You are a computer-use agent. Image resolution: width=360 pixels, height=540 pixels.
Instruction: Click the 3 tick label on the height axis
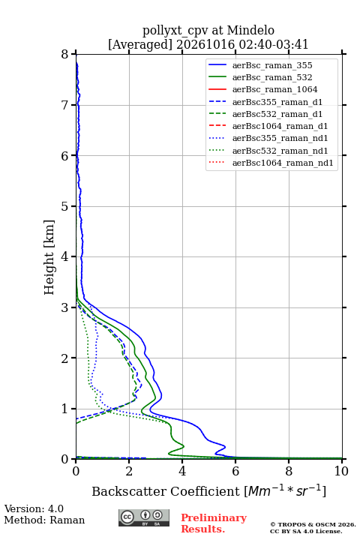[64, 307]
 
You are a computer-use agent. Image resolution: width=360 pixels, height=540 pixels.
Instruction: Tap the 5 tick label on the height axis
[64, 206]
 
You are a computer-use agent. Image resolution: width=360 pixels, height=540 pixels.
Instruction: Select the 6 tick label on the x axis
[235, 471]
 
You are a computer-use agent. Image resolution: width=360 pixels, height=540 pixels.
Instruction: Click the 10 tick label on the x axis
[341, 471]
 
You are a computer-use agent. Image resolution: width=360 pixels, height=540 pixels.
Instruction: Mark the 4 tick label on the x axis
[182, 471]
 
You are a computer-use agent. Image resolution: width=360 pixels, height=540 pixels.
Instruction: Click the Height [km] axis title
[49, 257]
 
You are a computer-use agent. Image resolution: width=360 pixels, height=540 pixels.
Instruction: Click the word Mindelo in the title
[250, 31]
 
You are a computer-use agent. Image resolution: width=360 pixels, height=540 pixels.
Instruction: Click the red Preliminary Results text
[214, 523]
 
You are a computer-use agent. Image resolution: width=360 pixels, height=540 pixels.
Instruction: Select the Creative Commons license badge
[144, 518]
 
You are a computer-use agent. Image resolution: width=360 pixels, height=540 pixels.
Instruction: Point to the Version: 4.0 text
[34, 509]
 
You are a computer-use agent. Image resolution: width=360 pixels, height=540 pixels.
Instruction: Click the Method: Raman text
[44, 520]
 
